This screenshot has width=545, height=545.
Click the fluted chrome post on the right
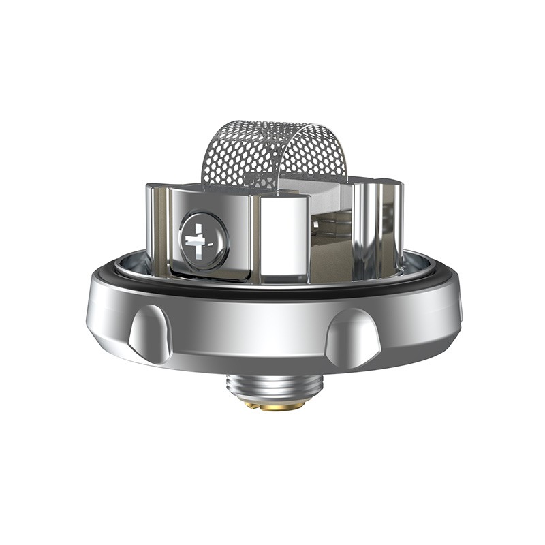pos(371,225)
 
